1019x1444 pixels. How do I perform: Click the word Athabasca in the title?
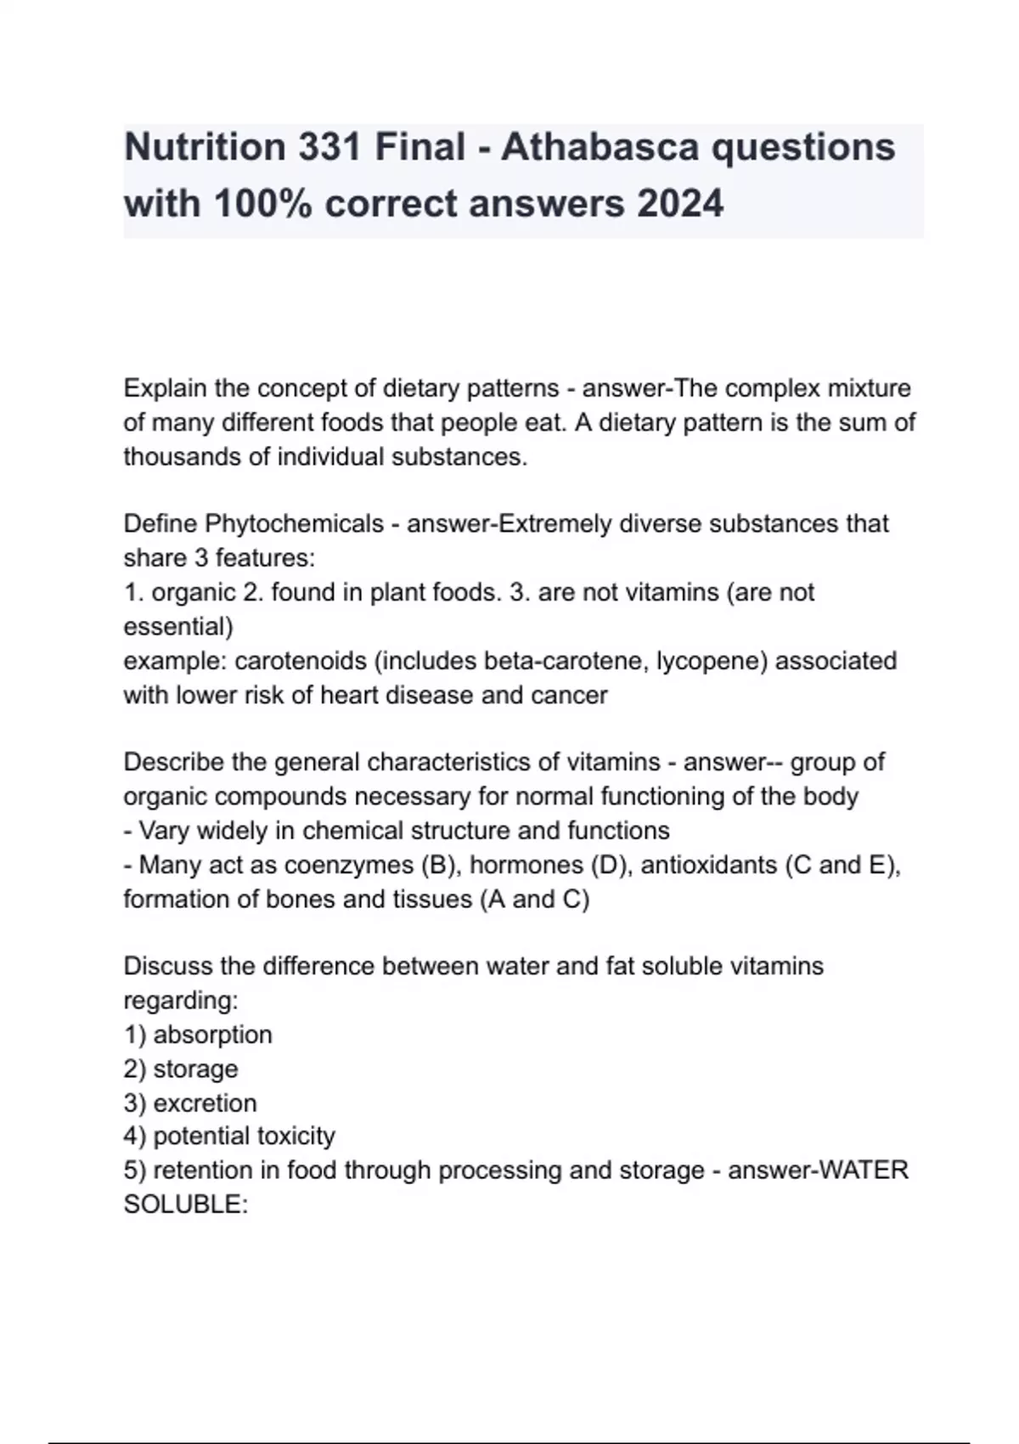600,147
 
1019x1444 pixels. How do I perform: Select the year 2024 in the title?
678,204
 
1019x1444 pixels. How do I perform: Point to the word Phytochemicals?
295,524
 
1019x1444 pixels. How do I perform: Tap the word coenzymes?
349,865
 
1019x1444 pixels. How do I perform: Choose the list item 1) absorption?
198,1035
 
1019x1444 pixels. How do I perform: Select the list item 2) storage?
181,1069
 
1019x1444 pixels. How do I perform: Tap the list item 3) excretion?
190,1103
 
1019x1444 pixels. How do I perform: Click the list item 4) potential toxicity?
229,1136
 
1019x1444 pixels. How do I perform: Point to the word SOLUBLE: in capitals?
185,1204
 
